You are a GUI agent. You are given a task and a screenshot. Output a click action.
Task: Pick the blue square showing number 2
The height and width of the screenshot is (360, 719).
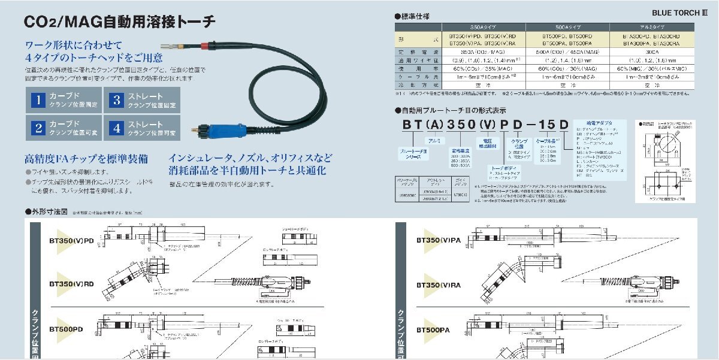point(38,128)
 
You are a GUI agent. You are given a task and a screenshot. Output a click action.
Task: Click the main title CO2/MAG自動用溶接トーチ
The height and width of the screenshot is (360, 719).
point(119,22)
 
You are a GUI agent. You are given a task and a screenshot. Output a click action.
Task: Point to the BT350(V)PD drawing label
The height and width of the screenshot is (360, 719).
point(71,241)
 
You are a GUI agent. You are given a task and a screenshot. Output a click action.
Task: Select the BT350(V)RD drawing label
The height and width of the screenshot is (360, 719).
point(71,283)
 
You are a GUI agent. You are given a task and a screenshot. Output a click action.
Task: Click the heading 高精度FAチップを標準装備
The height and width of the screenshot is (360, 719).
point(86,159)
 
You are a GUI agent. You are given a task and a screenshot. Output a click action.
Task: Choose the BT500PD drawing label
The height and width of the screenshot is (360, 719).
point(66,329)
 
